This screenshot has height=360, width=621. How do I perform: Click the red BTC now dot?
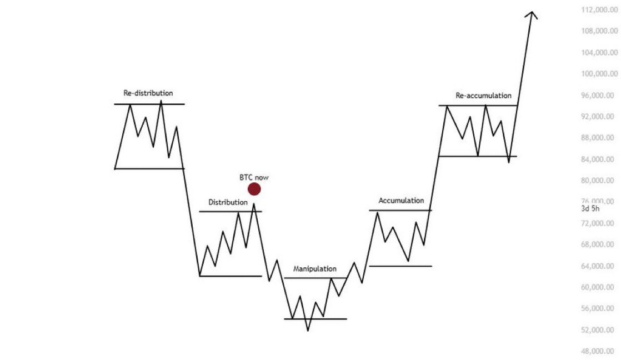click(254, 189)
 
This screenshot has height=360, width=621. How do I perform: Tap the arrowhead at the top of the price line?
click(532, 14)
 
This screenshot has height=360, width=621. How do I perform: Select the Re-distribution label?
click(148, 93)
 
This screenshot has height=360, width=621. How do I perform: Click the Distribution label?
click(228, 202)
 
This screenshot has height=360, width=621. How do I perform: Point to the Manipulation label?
click(314, 268)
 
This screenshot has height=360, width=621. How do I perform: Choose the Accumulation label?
click(401, 201)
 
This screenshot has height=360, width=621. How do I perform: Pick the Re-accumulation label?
click(483, 96)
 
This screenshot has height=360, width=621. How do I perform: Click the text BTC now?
click(254, 177)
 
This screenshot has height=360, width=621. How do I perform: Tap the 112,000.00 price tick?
click(598, 10)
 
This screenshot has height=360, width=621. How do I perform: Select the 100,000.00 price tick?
click(598, 74)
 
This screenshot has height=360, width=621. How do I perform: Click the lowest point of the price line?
click(308, 331)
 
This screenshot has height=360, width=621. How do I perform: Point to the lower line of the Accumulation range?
click(400, 266)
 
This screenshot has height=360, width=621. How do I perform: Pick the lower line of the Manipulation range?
click(315, 319)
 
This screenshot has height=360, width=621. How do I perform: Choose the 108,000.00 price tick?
click(598, 32)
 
